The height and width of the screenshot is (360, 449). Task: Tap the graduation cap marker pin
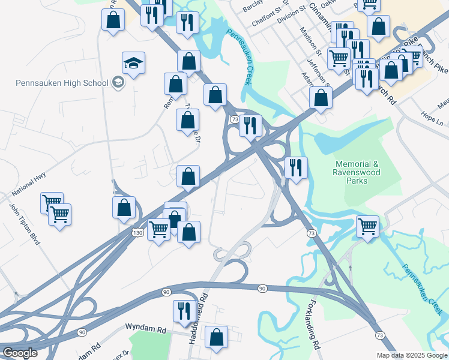point(133,62)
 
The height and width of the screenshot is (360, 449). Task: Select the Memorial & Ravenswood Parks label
point(358,168)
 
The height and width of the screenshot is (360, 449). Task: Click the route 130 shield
point(137,232)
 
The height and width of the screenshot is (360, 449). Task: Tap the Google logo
point(19,353)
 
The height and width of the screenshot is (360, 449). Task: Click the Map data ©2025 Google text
point(412,355)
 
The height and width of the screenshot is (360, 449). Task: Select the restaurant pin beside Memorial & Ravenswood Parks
point(296,167)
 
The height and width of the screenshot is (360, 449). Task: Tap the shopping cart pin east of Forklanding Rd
point(367,226)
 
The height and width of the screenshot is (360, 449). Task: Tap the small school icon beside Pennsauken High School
point(118,83)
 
